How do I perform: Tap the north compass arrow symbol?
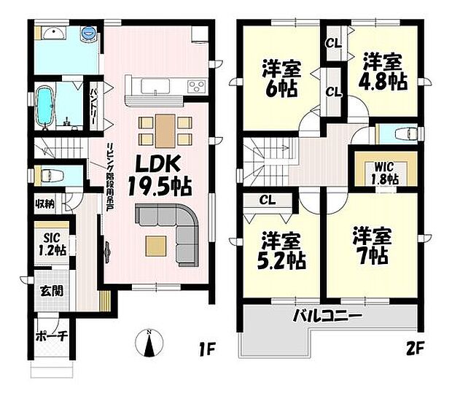coord(149,343)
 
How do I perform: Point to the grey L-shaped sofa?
coord(175,226)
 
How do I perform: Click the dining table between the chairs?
coord(165,131)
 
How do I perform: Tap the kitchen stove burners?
coord(197,87)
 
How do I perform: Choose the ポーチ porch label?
coord(50,336)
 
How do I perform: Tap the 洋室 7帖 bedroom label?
coord(372,246)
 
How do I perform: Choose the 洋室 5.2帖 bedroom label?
coord(280,250)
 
